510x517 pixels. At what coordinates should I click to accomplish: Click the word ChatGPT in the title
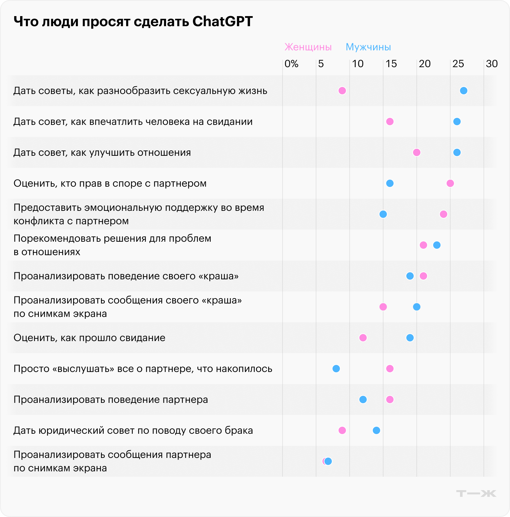[222, 21]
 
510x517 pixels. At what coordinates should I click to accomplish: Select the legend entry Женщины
[308, 47]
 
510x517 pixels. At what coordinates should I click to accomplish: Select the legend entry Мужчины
[368, 47]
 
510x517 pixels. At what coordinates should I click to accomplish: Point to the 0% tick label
[291, 64]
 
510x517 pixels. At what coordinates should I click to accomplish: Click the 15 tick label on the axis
[391, 64]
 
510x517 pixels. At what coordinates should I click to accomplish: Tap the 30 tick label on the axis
[492, 64]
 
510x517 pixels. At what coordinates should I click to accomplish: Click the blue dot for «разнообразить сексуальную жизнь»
[464, 91]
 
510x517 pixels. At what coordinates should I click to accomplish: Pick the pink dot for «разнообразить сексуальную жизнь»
[342, 91]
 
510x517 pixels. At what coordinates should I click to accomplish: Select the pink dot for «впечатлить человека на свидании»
[390, 122]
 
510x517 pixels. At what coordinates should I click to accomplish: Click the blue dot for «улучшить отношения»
[457, 152]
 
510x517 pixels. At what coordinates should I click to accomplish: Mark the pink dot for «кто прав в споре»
[450, 183]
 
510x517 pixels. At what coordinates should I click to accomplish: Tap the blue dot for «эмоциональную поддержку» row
[383, 214]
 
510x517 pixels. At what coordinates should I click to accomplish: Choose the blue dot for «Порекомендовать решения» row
[437, 245]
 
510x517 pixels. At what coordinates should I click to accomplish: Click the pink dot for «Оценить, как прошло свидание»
[363, 338]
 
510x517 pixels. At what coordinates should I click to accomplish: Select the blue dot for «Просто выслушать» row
[336, 369]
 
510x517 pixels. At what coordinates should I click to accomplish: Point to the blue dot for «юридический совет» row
[376, 430]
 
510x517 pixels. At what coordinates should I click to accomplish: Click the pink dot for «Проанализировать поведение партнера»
[390, 399]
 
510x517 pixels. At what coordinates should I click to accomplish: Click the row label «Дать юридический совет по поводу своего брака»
[133, 430]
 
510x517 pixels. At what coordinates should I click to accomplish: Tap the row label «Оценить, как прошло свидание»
[89, 338]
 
